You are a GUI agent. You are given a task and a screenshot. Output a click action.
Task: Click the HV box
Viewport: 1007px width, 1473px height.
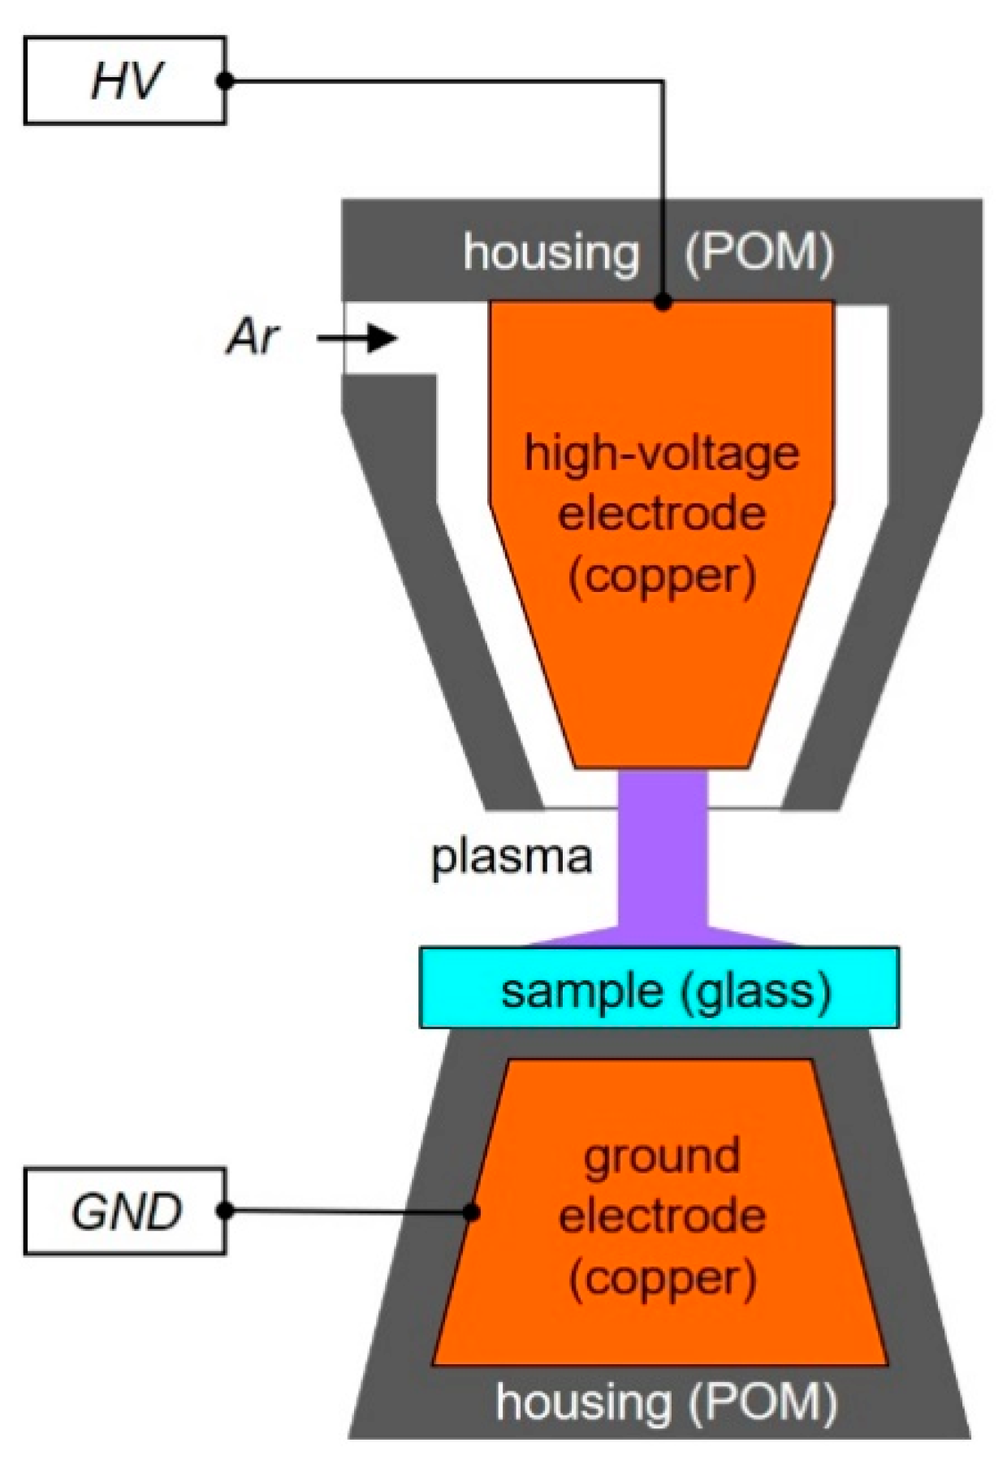pos(124,80)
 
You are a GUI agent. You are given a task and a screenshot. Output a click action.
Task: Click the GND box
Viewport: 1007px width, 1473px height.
pos(124,1211)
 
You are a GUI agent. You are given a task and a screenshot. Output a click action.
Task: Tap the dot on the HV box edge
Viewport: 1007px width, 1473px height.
pos(226,80)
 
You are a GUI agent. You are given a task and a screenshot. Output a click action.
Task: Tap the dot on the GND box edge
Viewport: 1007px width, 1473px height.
pos(227,1211)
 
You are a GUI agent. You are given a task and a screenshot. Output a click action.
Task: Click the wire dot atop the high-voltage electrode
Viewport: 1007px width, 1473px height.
pos(663,302)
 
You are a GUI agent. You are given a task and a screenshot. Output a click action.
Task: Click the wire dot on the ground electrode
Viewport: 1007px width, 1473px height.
pos(471,1212)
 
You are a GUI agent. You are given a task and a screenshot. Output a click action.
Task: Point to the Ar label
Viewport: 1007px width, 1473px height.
pos(253,337)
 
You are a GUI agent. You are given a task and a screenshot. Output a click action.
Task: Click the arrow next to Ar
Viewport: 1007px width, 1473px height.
pos(357,337)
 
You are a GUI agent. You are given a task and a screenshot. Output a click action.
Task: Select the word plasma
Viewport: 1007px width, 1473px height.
pos(511,857)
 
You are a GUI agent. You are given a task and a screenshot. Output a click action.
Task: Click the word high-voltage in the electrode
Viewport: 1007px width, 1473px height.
pos(661,453)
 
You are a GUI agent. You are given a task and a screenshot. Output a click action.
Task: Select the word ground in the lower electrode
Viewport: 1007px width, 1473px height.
pos(661,1157)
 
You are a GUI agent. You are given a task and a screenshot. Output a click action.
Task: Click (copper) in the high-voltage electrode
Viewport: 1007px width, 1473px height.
pos(661,577)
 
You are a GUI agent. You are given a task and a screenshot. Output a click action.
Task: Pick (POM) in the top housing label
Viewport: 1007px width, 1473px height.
pos(758,253)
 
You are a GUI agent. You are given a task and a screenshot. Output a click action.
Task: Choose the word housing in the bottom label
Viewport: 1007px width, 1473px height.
pos(583,1402)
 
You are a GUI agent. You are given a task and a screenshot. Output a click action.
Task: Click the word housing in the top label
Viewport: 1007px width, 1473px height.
pos(551,253)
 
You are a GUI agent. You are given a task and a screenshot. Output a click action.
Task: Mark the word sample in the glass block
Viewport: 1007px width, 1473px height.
pos(581,991)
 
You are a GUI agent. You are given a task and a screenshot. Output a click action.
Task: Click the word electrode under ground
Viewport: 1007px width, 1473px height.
pos(662,1216)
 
